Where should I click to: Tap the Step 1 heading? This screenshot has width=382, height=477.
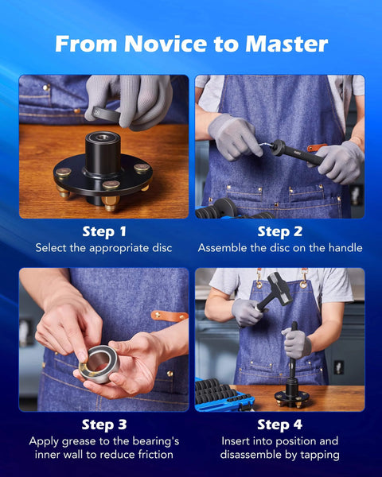pyautogui.click(x=104, y=232)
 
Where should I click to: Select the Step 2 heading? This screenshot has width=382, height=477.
pyautogui.click(x=279, y=232)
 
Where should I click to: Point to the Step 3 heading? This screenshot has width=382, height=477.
pyautogui.click(x=104, y=425)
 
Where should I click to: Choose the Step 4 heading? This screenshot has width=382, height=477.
pyautogui.click(x=279, y=425)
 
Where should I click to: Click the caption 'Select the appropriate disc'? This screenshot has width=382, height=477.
pyautogui.click(x=104, y=248)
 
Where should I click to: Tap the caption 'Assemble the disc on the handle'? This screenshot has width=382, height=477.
pyautogui.click(x=279, y=248)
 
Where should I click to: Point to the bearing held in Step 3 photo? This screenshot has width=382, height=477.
pyautogui.click(x=98, y=363)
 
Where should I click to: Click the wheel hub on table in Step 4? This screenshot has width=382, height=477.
pyautogui.click(x=292, y=395)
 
